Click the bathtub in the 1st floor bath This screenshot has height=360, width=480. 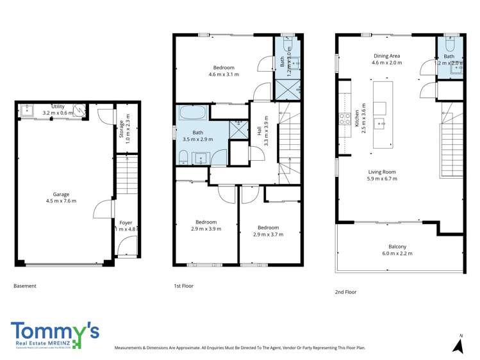coord(192,113)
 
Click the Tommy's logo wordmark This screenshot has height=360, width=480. coord(54,332)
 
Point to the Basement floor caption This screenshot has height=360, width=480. coord(25,286)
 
